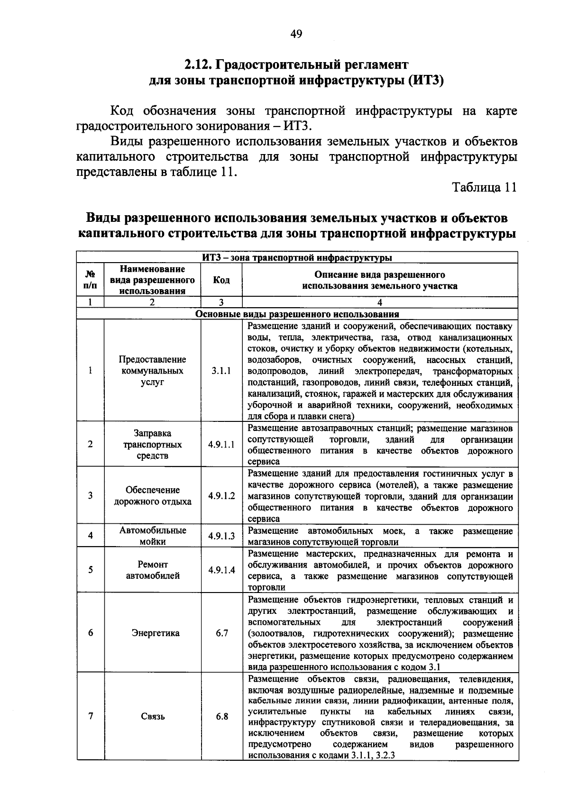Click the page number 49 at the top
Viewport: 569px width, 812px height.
pos(296,34)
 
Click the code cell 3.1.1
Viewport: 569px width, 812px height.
pos(221,371)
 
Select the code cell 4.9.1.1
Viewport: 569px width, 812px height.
pos(221,445)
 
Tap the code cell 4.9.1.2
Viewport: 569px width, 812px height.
pos(221,496)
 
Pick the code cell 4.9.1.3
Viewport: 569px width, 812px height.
pos(221,536)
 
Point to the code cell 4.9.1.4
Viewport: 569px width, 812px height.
pos(221,570)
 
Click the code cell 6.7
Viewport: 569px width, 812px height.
pos(221,633)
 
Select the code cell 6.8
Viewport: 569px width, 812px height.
pos(221,716)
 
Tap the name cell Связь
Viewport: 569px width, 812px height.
pos(153,716)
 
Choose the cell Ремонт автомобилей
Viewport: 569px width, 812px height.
pos(153,570)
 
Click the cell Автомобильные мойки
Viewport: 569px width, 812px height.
pos(153,536)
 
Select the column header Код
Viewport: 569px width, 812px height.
pos(221,280)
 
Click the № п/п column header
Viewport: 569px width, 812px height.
pos(90,280)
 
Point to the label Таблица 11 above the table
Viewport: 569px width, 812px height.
pos(484,188)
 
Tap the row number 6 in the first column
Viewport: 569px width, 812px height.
pos(90,633)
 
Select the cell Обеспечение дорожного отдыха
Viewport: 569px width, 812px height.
pos(153,496)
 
